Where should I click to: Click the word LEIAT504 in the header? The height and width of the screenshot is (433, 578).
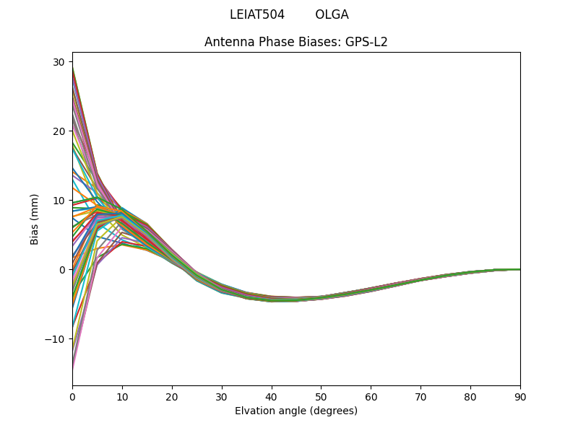pyautogui.click(x=257, y=14)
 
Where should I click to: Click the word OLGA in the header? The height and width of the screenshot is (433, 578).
pyautogui.click(x=332, y=14)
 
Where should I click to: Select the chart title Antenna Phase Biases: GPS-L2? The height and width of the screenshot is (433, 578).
pyautogui.click(x=296, y=42)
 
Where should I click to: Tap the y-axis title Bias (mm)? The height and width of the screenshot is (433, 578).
pyautogui.click(x=35, y=219)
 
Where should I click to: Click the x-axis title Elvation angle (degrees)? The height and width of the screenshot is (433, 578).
pyautogui.click(x=296, y=411)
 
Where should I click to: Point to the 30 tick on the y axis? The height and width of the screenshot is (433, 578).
pyautogui.click(x=59, y=62)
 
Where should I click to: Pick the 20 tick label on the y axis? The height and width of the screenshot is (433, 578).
pyautogui.click(x=59, y=131)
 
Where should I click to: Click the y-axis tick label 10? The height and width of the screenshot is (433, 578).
pyautogui.click(x=59, y=201)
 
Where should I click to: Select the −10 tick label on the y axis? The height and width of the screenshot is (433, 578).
pyautogui.click(x=56, y=339)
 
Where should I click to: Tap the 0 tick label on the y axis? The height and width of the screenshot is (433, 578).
pyautogui.click(x=61, y=270)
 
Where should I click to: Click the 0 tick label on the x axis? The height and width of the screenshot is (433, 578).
pyautogui.click(x=72, y=397)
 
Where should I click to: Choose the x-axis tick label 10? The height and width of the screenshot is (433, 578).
pyautogui.click(x=122, y=397)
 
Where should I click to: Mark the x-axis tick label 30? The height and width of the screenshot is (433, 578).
pyautogui.click(x=222, y=397)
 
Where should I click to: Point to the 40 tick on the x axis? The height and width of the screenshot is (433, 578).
pyautogui.click(x=272, y=397)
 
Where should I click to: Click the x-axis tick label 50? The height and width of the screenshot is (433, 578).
pyautogui.click(x=321, y=397)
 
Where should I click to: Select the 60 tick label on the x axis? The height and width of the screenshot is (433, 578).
pyautogui.click(x=371, y=397)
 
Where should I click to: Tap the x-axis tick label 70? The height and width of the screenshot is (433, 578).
pyautogui.click(x=420, y=397)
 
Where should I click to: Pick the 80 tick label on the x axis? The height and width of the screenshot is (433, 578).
pyautogui.click(x=470, y=397)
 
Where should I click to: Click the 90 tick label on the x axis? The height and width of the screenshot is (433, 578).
pyautogui.click(x=520, y=397)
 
